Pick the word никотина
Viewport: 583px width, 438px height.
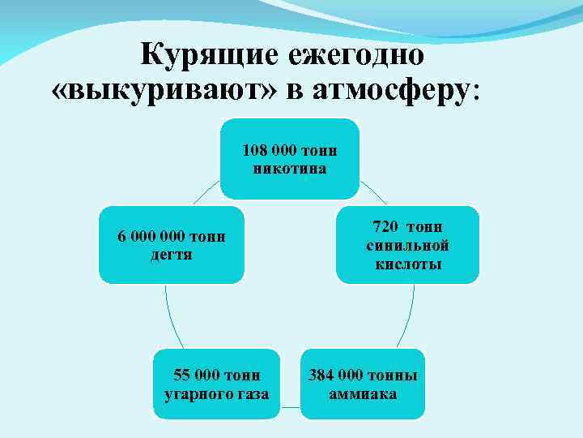tap(290, 169)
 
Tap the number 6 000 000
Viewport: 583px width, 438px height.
tap(151, 237)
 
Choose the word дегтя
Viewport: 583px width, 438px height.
tap(172, 255)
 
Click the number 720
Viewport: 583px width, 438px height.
tap(387, 228)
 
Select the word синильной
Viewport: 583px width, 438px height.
tap(407, 246)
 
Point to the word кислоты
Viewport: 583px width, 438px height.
tap(407, 264)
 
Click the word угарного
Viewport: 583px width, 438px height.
tap(189, 394)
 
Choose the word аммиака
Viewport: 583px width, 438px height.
tap(363, 394)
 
